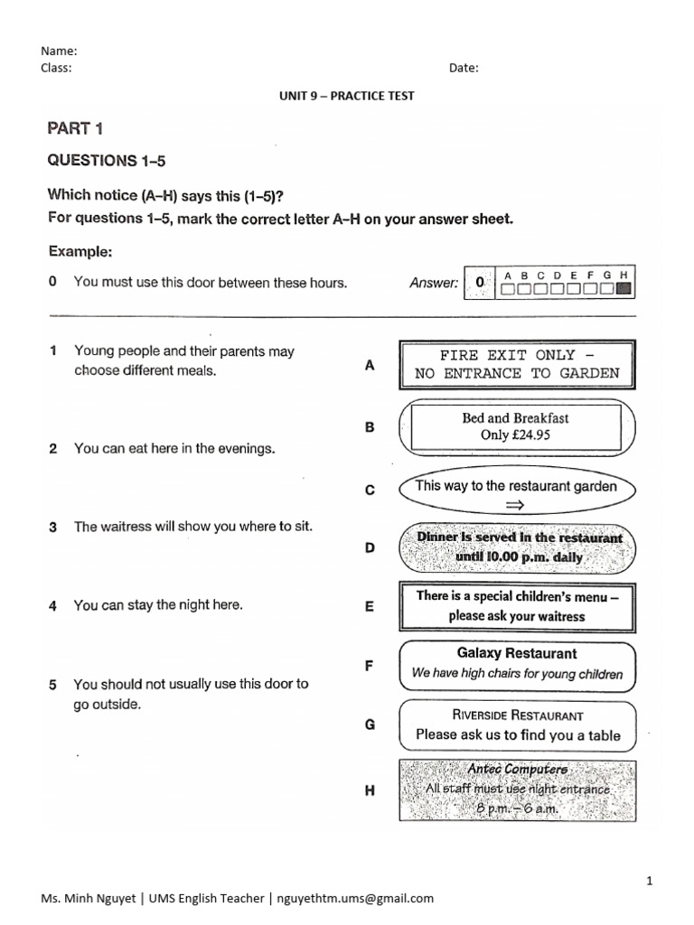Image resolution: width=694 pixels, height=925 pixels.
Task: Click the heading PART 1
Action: tap(81, 128)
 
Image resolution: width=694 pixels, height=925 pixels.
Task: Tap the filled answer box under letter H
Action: tap(622, 290)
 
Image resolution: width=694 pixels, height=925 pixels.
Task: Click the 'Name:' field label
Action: tap(59, 51)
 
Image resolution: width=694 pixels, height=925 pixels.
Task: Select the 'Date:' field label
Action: tap(464, 68)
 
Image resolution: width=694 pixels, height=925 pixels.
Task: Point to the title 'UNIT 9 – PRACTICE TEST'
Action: tap(347, 96)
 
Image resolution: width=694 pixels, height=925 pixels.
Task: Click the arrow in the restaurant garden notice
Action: tap(516, 505)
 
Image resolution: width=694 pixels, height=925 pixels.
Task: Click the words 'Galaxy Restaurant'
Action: tap(516, 653)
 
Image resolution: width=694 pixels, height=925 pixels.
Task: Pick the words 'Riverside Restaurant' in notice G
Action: tap(517, 715)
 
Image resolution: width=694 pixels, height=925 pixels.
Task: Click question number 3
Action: tap(53, 528)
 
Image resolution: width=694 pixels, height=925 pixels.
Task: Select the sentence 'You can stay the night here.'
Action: tap(158, 605)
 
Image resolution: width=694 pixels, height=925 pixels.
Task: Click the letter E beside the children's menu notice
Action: tap(369, 608)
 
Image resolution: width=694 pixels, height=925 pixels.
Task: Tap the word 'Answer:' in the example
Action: tap(433, 284)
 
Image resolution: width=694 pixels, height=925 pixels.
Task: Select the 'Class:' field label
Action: tap(56, 68)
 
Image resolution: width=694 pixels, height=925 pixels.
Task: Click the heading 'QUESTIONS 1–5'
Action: tap(107, 161)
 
